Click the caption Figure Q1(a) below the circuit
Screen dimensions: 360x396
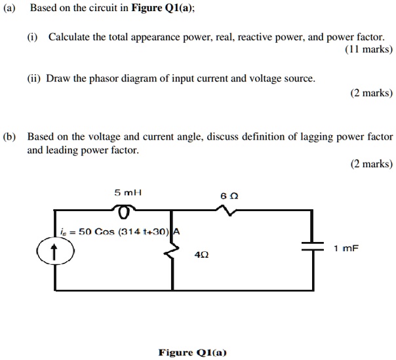coord(192,352)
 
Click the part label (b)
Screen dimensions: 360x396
coord(10,137)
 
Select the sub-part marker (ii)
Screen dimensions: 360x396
coord(33,79)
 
